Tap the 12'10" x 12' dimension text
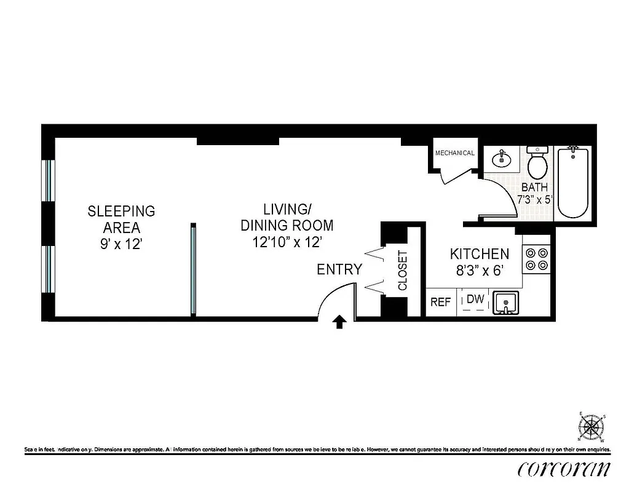point(287,242)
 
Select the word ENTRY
point(339,269)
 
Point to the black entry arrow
point(339,322)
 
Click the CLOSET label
point(403,270)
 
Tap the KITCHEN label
point(479,254)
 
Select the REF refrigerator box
point(440,302)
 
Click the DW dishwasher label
point(475,300)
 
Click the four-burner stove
point(536,259)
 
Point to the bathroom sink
point(502,160)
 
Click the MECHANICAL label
point(454,153)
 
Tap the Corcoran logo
point(564,469)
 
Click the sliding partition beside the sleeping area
point(192,269)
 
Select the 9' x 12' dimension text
point(121,244)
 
